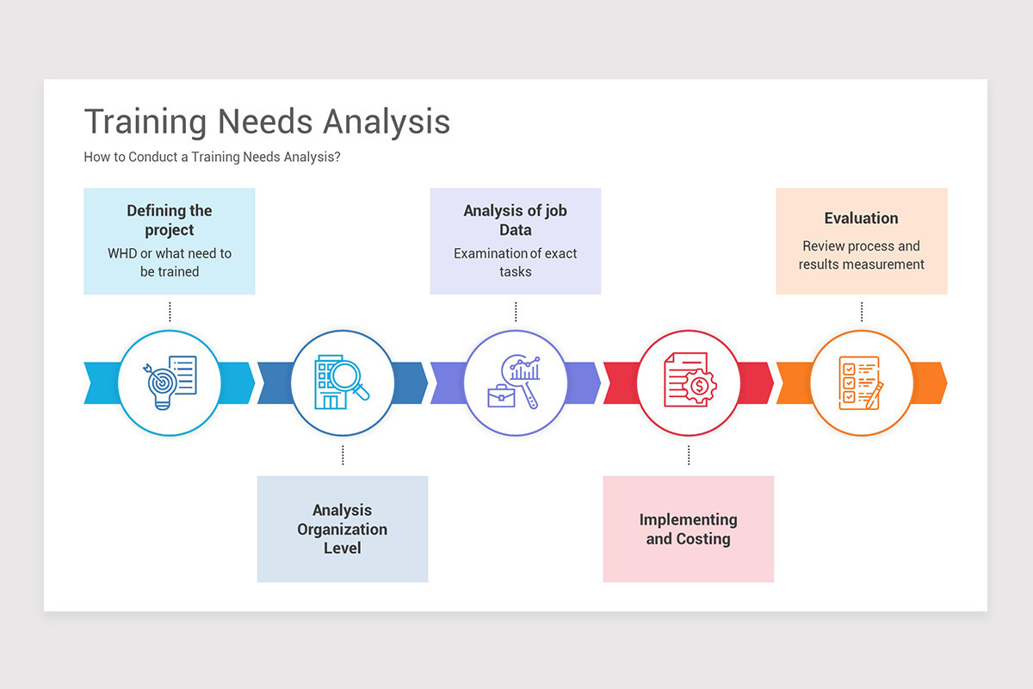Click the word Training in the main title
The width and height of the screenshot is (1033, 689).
click(145, 121)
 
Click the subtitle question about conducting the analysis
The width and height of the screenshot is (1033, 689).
click(212, 158)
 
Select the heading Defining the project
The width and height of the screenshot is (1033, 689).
click(170, 220)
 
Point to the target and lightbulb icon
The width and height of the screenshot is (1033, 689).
click(170, 382)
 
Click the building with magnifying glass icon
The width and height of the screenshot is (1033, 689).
click(343, 382)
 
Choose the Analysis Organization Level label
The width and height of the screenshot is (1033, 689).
click(343, 529)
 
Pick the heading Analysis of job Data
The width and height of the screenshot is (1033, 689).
click(516, 220)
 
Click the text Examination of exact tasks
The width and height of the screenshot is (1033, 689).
click(516, 263)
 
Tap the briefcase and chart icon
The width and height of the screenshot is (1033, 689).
click(516, 382)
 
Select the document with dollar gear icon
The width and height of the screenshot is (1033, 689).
click(689, 382)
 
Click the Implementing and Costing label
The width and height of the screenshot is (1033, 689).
click(689, 529)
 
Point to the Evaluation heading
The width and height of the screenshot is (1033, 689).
click(861, 219)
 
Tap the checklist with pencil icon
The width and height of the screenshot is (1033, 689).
click(861, 382)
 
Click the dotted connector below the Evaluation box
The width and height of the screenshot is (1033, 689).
click(861, 312)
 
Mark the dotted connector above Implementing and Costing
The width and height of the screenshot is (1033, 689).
click(689, 456)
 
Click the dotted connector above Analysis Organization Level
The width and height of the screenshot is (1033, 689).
click(343, 456)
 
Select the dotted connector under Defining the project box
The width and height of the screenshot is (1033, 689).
click(170, 312)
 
